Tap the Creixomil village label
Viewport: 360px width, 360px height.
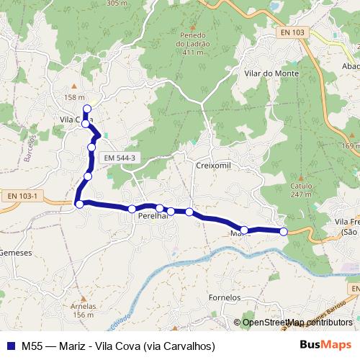(x=212, y=165)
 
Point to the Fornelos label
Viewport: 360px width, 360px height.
(x=224, y=297)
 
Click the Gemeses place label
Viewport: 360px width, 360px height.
(x=15, y=253)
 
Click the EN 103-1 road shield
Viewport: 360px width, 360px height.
(x=22, y=196)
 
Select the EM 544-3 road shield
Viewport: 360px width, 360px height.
(x=120, y=158)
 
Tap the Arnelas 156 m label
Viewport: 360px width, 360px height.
(x=83, y=310)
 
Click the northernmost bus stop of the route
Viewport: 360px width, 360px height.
(x=86, y=109)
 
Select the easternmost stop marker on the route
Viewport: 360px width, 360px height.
(x=284, y=231)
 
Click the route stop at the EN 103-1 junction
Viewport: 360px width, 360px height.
(x=79, y=204)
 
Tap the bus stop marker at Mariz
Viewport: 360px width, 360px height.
(x=244, y=230)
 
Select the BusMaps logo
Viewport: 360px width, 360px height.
(x=326, y=345)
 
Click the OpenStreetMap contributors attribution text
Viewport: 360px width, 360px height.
(x=297, y=323)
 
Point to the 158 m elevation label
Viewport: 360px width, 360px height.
(x=74, y=98)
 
